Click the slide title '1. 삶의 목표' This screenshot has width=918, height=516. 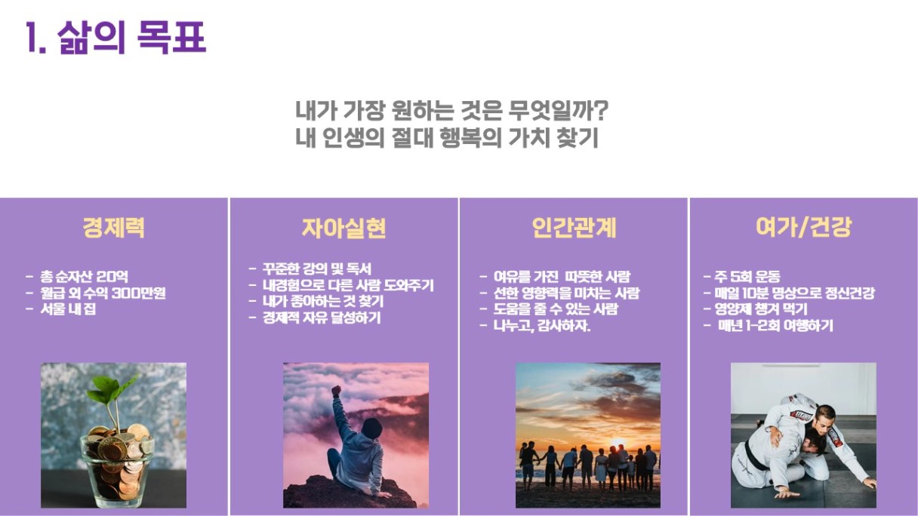pyautogui.click(x=116, y=37)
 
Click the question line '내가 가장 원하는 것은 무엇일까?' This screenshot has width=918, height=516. pyautogui.click(x=451, y=110)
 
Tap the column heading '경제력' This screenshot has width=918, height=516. pyautogui.click(x=113, y=228)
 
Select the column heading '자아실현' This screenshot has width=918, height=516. pyautogui.click(x=343, y=228)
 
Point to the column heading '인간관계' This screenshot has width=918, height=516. pyautogui.click(x=574, y=228)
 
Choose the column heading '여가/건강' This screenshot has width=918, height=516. pyautogui.click(x=804, y=227)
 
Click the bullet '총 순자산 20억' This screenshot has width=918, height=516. pyautogui.click(x=84, y=277)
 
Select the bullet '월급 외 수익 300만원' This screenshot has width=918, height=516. pyautogui.click(x=103, y=293)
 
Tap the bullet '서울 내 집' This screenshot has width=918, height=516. pyautogui.click(x=68, y=309)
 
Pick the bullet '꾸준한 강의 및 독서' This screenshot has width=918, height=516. pyautogui.click(x=316, y=269)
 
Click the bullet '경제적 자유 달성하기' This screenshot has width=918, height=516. pyautogui.click(x=322, y=318)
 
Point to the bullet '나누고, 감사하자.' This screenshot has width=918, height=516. pyautogui.click(x=542, y=326)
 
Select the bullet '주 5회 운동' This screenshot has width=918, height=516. pyautogui.click(x=747, y=277)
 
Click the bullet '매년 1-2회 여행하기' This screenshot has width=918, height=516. pyautogui.click(x=775, y=326)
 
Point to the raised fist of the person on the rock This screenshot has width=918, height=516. pyautogui.click(x=337, y=391)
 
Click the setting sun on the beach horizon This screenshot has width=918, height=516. pyautogui.click(x=618, y=444)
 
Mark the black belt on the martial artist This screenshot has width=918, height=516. pyautogui.click(x=754, y=456)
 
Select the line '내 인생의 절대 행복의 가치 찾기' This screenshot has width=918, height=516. pyautogui.click(x=447, y=138)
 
